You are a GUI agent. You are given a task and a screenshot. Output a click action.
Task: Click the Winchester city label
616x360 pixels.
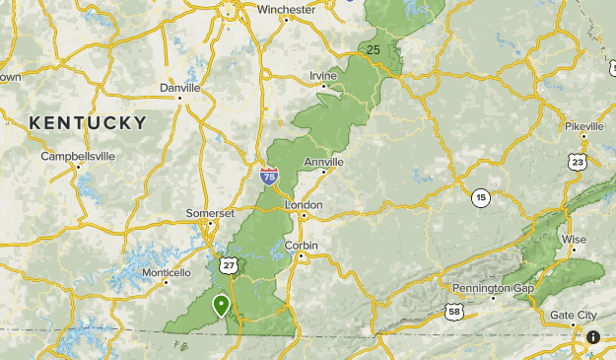pyautogui.click(x=286, y=10)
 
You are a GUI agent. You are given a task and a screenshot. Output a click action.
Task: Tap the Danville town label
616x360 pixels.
pyautogui.click(x=179, y=88)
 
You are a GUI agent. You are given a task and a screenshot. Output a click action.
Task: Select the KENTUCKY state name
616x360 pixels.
pyautogui.click(x=88, y=123)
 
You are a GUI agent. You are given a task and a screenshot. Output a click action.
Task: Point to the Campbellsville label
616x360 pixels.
pyautogui.click(x=78, y=156)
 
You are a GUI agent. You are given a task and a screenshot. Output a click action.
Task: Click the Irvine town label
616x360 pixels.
pyautogui.click(x=323, y=76)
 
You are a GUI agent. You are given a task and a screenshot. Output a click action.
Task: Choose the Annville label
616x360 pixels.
pyautogui.click(x=324, y=162)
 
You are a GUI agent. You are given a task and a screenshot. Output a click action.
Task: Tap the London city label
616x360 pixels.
pyautogui.click(x=304, y=204)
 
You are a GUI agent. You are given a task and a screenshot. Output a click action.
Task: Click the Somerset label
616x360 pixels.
pyautogui.click(x=210, y=213)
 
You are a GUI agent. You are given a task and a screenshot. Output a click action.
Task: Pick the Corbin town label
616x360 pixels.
pyautogui.click(x=301, y=245)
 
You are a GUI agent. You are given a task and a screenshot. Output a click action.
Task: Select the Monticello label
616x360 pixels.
pyautogui.click(x=166, y=272)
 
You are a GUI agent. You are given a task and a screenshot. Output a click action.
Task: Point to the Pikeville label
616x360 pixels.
pyautogui.click(x=591, y=126)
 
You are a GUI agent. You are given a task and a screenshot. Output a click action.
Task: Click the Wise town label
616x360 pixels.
pyautogui.click(x=575, y=240)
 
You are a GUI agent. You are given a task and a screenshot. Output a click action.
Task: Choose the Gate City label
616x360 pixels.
pyautogui.click(x=574, y=316)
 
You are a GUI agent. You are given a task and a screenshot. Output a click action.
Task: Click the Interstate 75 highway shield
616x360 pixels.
pyautogui.click(x=269, y=177)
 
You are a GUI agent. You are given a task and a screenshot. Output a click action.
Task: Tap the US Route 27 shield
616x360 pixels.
pyautogui.click(x=230, y=266)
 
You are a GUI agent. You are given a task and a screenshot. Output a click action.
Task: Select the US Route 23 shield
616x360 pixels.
pyautogui.click(x=578, y=161)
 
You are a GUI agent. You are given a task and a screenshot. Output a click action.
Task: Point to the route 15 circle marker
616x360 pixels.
pyautogui.click(x=480, y=197)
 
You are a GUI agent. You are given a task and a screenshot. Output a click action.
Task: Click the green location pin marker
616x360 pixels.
pyautogui.click(x=221, y=305)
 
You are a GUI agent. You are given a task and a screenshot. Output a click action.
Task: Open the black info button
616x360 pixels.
pyautogui.click(x=593, y=337)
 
